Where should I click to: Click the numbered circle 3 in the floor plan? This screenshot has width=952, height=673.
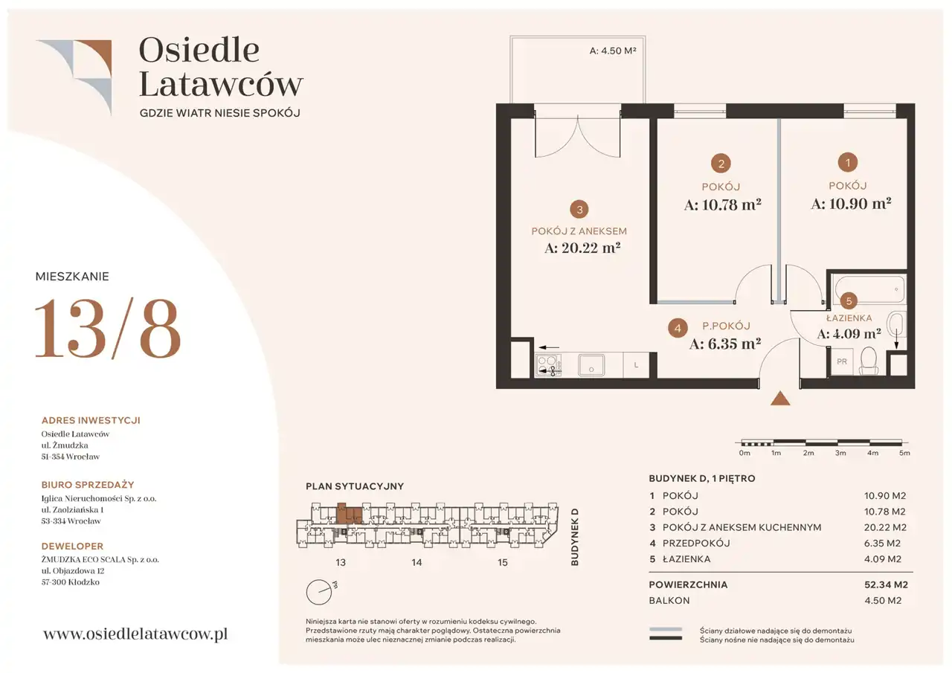(x=579, y=210)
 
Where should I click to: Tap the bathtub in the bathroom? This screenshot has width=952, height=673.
(x=869, y=289)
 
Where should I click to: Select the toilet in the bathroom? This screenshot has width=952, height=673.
(x=869, y=361)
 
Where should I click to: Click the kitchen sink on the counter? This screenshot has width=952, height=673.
(x=591, y=365)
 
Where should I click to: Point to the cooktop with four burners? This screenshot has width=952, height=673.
(x=548, y=365)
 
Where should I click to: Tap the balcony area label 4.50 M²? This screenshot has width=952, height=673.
(x=613, y=51)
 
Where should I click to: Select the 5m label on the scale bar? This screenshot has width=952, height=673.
(x=904, y=453)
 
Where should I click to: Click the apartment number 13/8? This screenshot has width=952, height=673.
(x=108, y=328)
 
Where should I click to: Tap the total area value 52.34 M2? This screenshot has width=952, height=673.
(x=886, y=585)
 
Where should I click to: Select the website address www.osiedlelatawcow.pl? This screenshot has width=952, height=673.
(x=135, y=634)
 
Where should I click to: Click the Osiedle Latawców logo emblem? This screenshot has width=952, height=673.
(x=74, y=77)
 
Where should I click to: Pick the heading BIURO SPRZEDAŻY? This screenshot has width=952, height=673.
(x=88, y=485)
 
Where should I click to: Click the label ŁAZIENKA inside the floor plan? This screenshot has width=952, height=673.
(x=849, y=318)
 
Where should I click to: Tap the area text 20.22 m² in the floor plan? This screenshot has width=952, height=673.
(x=582, y=248)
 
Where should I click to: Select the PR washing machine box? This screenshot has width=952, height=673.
(x=842, y=361)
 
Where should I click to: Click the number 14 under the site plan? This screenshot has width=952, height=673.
(x=416, y=562)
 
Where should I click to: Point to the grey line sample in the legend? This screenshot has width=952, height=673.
(x=666, y=630)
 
